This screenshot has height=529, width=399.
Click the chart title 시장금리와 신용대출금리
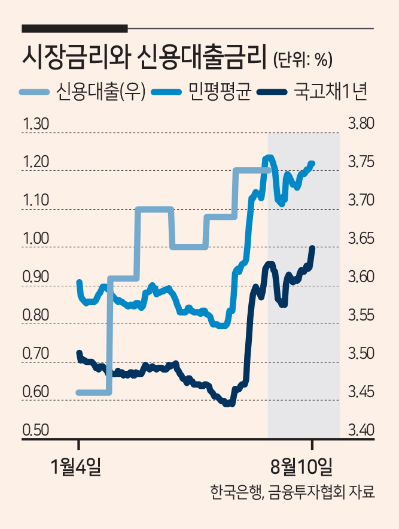click(142, 58)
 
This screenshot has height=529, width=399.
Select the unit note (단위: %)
click(303, 60)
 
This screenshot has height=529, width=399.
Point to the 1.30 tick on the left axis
click(36, 124)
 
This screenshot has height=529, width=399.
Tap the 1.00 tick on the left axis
click(36, 238)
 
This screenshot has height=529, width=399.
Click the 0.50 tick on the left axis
click(36, 430)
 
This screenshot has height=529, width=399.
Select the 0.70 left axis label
click(36, 353)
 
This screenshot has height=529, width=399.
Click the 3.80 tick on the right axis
click(361, 124)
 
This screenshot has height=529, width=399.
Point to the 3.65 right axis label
click(361, 238)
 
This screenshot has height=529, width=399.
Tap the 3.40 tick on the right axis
click(361, 430)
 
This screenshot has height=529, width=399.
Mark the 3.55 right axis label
click(361, 315)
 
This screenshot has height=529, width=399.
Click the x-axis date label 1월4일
click(75, 467)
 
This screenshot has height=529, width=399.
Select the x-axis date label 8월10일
click(301, 467)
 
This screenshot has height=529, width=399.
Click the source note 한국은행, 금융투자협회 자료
click(292, 492)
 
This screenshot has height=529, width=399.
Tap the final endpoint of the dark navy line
click(312, 248)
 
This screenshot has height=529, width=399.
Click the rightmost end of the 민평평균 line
click(312, 164)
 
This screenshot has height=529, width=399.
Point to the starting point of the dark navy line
click(80, 353)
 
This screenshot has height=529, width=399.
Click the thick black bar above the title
click(75, 29)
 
